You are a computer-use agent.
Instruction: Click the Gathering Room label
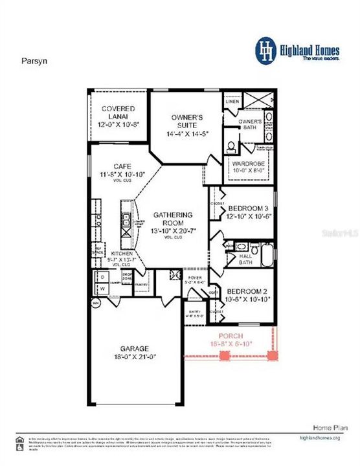173,219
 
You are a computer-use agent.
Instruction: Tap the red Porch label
230,336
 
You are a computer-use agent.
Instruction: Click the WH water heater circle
95,303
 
